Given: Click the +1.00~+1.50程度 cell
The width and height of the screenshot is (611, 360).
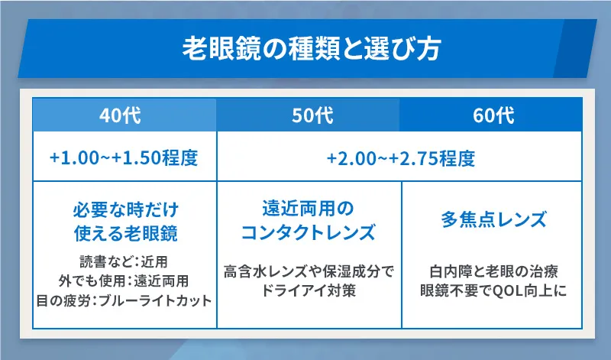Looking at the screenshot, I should point(124,159).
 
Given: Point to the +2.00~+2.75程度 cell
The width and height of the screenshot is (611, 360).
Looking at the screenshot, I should point(401,159).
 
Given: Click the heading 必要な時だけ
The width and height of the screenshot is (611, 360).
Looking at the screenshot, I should point(124,209).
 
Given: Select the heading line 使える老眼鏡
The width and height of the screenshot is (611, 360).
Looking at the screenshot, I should point(124,232).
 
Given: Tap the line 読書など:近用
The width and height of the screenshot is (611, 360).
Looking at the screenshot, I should point(124,261).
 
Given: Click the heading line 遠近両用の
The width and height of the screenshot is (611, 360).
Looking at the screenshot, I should point(309,209).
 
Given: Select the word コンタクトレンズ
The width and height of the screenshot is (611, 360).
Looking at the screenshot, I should point(309,232).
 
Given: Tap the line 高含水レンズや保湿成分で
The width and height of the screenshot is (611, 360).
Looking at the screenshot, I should point(309,271).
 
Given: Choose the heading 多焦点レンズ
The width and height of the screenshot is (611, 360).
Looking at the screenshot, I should point(494,221).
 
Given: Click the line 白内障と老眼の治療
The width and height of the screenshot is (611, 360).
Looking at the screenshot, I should point(494,271).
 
